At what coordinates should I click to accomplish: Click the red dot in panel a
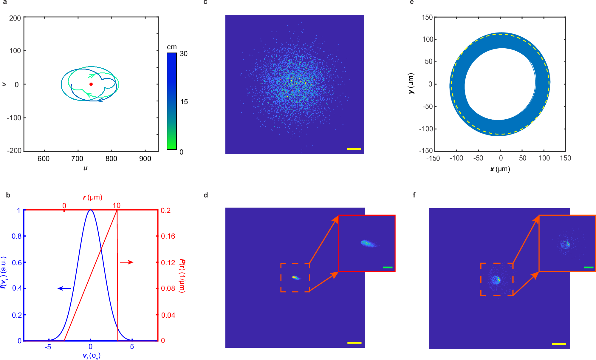click(x=91, y=84)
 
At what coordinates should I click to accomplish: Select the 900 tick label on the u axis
click(x=145, y=159)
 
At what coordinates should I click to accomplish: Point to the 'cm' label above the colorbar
click(x=172, y=47)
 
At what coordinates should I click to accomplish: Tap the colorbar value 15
click(x=184, y=102)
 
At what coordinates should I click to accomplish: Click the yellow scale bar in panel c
click(x=354, y=149)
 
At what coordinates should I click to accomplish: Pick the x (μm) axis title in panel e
click(x=500, y=169)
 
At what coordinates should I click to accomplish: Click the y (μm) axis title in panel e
click(x=411, y=84)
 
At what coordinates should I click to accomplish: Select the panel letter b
click(x=8, y=195)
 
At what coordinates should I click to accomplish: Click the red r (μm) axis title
click(x=92, y=197)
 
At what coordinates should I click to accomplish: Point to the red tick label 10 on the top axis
click(x=117, y=206)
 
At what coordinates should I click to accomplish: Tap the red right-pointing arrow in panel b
click(x=127, y=262)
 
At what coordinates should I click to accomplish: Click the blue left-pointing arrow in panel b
click(x=64, y=288)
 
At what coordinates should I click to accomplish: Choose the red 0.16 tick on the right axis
click(x=168, y=236)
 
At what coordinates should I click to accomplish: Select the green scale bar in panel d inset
click(x=388, y=267)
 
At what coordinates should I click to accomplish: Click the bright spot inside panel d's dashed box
click(x=295, y=278)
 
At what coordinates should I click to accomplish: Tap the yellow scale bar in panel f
click(x=559, y=344)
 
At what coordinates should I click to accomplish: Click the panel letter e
click(x=412, y=2)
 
